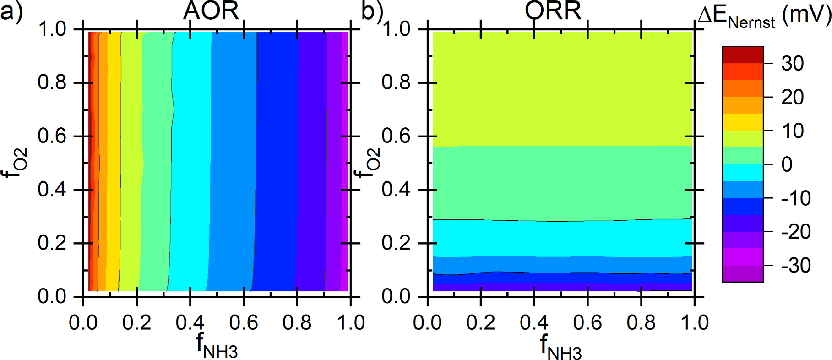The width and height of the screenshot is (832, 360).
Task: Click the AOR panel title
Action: (211, 11)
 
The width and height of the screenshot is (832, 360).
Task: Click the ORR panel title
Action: (553, 11)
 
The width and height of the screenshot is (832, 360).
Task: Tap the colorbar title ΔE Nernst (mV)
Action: (764, 16)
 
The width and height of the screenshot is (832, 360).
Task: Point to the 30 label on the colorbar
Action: (793, 63)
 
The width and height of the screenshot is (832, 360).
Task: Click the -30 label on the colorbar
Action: (796, 266)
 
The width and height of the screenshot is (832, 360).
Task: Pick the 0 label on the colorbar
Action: (787, 164)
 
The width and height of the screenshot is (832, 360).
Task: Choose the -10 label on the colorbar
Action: (796, 198)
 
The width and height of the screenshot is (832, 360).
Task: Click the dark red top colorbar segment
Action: (742, 55)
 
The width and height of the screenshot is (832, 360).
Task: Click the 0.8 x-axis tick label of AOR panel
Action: (297, 323)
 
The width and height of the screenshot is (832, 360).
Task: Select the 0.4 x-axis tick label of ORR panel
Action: (534, 323)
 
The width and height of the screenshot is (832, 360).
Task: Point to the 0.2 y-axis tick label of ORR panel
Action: (397, 243)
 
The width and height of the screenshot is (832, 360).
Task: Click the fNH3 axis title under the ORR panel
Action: (561, 347)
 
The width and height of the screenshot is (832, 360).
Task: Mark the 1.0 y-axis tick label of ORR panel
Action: (397, 29)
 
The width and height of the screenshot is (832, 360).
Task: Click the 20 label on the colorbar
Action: (793, 97)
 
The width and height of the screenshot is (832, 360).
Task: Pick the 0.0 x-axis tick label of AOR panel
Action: (83, 323)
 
